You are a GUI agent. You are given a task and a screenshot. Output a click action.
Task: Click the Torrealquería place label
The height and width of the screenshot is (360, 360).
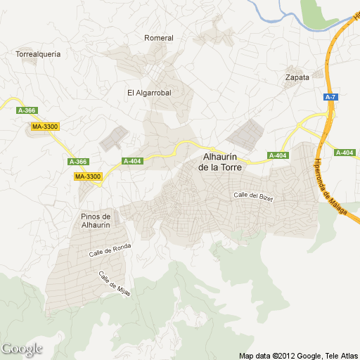pos(38,53)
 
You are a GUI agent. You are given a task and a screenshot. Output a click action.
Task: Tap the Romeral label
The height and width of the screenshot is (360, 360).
pos(158,38)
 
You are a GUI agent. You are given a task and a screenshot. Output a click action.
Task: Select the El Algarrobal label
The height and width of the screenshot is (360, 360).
pos(149,92)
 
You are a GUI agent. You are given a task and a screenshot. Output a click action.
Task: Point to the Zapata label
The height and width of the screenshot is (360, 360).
pos(297,77)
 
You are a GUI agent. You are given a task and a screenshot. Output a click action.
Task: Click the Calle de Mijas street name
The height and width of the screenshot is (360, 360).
pos(115,284)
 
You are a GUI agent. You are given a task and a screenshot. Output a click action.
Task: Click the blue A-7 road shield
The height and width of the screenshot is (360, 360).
pos(330,97)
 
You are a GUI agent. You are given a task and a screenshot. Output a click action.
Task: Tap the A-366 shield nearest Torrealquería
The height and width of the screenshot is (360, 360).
pos(26,110)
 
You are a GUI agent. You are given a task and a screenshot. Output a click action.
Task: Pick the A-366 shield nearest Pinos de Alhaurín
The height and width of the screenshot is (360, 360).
pos(78,162)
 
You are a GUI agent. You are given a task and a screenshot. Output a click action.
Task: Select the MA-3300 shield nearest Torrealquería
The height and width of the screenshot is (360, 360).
pos(46,127)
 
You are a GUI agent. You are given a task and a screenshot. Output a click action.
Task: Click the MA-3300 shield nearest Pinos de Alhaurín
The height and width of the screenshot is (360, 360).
pos(88,176)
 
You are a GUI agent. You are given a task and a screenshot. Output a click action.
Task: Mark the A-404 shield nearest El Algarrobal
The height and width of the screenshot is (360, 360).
pos(132,161)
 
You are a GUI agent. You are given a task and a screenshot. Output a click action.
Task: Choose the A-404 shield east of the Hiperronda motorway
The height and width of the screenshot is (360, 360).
pos(345,153)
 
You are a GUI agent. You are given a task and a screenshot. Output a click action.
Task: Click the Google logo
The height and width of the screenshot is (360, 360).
pos(22,349)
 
